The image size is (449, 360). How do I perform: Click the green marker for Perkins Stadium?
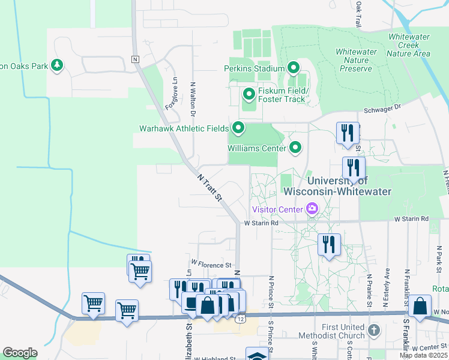(x=294, y=68)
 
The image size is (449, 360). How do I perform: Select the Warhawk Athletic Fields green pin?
(x=238, y=128)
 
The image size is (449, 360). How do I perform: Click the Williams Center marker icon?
(x=295, y=147)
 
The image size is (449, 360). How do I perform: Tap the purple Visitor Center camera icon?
(x=312, y=209)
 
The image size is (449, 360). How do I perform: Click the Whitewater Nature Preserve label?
(x=357, y=60)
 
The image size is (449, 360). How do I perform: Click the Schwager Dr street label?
(x=382, y=111)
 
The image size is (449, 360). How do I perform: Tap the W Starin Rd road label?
(x=262, y=223)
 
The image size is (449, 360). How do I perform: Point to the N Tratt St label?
(x=210, y=187)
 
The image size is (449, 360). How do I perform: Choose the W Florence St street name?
(x=211, y=264)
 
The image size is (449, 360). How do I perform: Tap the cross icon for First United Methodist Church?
(x=373, y=330)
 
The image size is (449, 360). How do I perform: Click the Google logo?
(x=20, y=352)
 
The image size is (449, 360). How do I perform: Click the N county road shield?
(x=135, y=59)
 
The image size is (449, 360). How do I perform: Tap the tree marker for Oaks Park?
(x=57, y=65)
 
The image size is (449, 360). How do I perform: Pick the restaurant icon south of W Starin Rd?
(x=329, y=244)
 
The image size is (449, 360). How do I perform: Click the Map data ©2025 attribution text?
(x=423, y=355)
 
